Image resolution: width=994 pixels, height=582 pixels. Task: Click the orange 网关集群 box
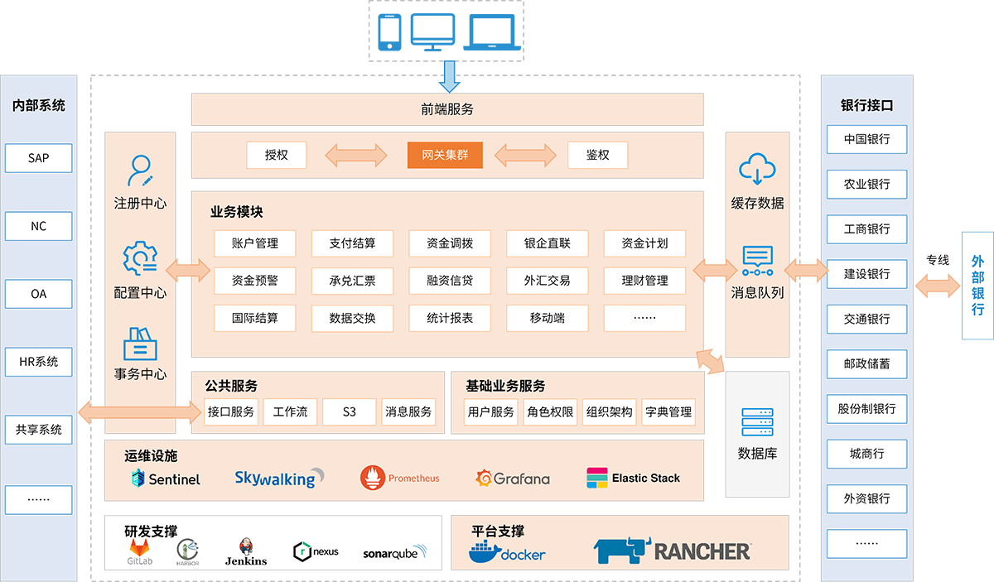click(445, 155)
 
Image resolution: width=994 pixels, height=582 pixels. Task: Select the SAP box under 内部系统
click(39, 157)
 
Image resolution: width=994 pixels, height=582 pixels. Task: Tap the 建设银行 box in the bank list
click(866, 273)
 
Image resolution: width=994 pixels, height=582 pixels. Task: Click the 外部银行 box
click(977, 286)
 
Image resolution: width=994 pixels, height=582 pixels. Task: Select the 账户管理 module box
click(255, 243)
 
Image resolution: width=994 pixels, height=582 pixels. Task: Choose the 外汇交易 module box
click(548, 281)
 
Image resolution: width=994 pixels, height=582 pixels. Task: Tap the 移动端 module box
click(548, 318)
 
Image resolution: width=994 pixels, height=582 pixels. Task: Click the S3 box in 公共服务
click(350, 411)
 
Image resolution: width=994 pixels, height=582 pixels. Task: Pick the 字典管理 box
click(668, 411)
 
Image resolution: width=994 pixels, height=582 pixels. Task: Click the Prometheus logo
click(400, 478)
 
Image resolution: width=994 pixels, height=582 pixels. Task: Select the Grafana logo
click(513, 478)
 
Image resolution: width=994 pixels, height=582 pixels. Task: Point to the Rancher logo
click(672, 551)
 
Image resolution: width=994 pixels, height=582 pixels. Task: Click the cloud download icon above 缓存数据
click(757, 169)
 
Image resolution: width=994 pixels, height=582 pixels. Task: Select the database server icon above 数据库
click(757, 423)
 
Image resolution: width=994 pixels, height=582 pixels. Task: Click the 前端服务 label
click(446, 109)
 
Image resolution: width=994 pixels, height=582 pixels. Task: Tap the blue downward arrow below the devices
click(450, 75)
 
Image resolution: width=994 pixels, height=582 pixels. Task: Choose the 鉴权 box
click(597, 155)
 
